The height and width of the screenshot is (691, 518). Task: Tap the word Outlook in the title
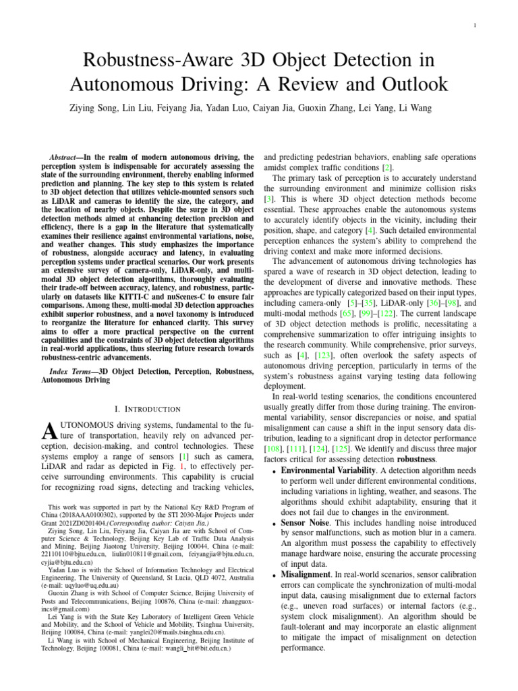pos(408,84)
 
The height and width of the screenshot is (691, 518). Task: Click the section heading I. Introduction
pos(148,409)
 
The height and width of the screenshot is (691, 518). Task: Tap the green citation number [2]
pos(386,167)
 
